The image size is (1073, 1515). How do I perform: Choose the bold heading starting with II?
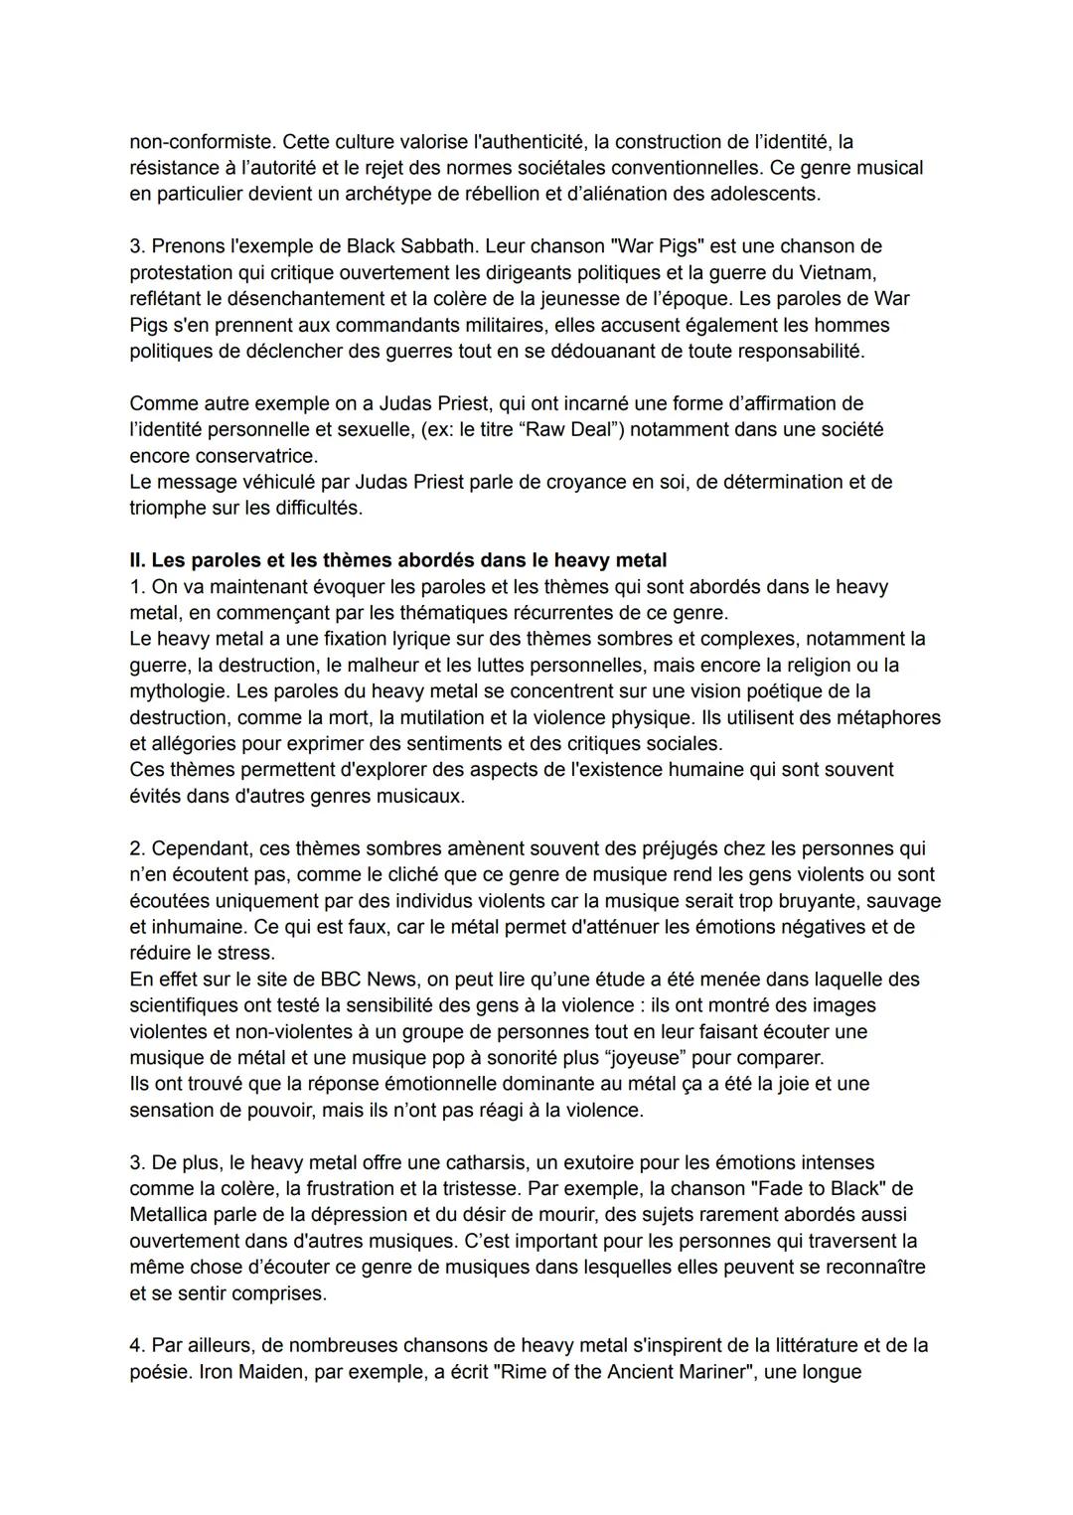point(397,560)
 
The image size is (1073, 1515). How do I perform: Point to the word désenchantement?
point(287,298)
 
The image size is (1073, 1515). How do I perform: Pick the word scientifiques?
point(190,1005)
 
